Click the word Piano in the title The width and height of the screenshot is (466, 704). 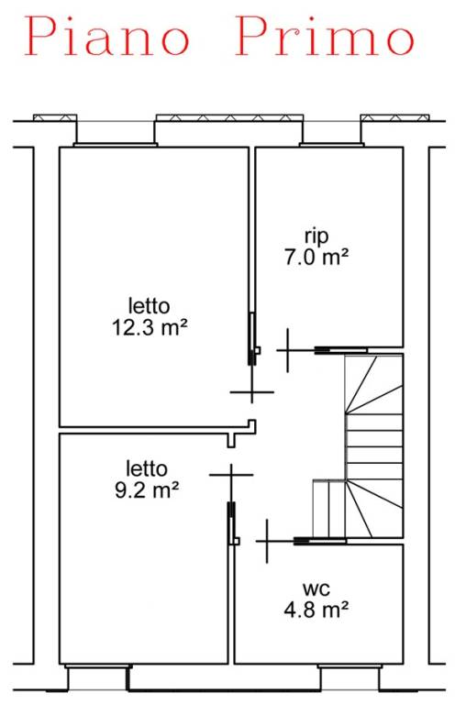coord(106,36)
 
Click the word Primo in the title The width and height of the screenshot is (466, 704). coord(325,36)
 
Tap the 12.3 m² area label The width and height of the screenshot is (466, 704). coord(150,327)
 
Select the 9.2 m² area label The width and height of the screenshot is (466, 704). coord(147,489)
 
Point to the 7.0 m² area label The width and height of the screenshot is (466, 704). coord(316,258)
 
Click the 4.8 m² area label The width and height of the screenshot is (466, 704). coord(316,610)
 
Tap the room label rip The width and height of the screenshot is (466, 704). coord(316,236)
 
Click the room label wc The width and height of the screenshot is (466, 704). coord(316,588)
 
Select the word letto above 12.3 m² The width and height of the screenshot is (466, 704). coord(150,306)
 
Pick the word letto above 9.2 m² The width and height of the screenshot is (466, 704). coord(147,468)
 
